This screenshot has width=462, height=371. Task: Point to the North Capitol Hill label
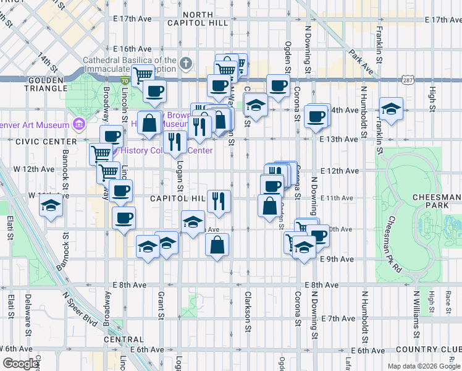click(x=206, y=19)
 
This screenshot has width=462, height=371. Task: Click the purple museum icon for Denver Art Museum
click(x=78, y=125)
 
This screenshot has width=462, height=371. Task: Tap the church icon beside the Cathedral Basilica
click(x=186, y=62)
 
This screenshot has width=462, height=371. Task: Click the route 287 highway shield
click(x=406, y=80)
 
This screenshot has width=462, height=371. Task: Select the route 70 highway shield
click(x=125, y=80)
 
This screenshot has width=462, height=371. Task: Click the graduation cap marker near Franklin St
click(x=391, y=109)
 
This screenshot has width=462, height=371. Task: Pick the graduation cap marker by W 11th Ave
click(x=51, y=207)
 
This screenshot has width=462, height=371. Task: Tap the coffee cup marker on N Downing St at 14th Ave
click(x=317, y=116)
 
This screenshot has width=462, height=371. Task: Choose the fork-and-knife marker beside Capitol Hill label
click(x=219, y=200)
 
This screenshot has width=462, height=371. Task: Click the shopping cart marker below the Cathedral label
click(x=143, y=74)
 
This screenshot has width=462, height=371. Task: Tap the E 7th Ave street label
click(x=338, y=318)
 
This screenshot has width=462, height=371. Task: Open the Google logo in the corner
click(x=20, y=364)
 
